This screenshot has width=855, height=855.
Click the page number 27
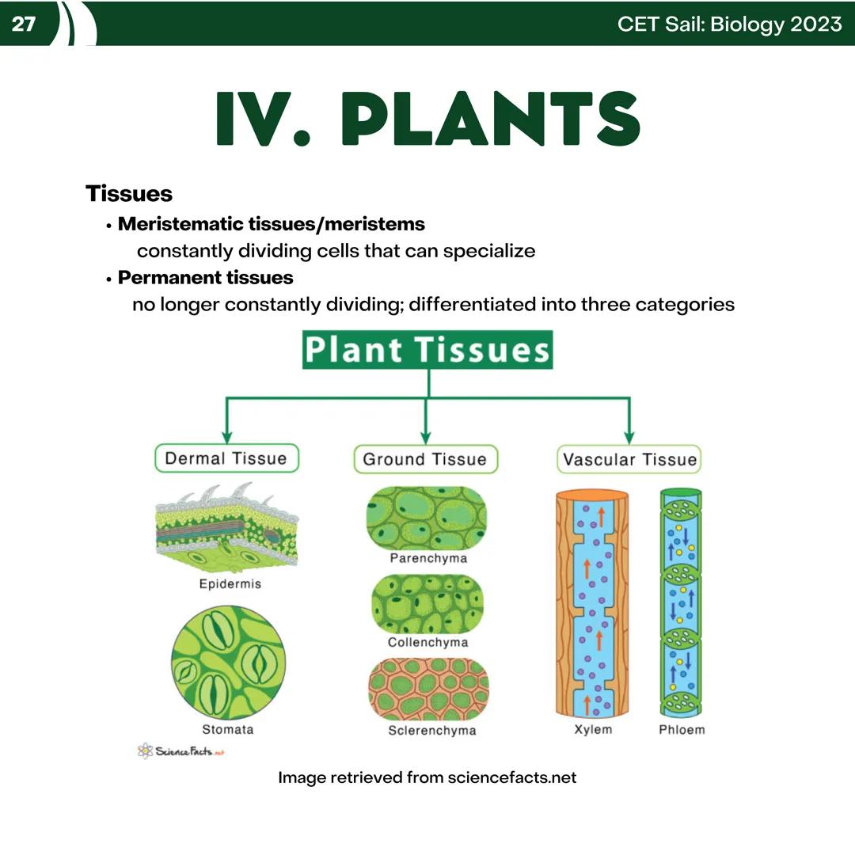pyautogui.click(x=24, y=24)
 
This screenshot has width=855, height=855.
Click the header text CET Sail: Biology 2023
pyautogui.click(x=729, y=24)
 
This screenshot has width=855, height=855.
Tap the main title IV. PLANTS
pyautogui.click(x=427, y=119)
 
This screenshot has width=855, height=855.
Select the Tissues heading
pyautogui.click(x=129, y=193)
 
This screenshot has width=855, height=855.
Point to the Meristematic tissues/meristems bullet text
pyautogui.click(x=271, y=224)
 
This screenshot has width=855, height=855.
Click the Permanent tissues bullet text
pyautogui.click(x=205, y=278)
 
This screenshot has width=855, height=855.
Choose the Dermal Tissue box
pyautogui.click(x=226, y=458)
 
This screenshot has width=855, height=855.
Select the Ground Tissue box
pyautogui.click(x=425, y=458)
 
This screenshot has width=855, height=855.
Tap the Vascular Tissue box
pyautogui.click(x=630, y=459)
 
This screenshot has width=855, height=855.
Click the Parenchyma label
pyautogui.click(x=428, y=558)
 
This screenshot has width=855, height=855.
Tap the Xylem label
pyautogui.click(x=593, y=729)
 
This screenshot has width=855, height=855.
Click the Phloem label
pyautogui.click(x=681, y=729)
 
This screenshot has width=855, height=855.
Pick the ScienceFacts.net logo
pyautogui.click(x=181, y=750)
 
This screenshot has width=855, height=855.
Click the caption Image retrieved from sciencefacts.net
pyautogui.click(x=427, y=777)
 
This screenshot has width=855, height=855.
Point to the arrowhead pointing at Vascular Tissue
pyautogui.click(x=629, y=437)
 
